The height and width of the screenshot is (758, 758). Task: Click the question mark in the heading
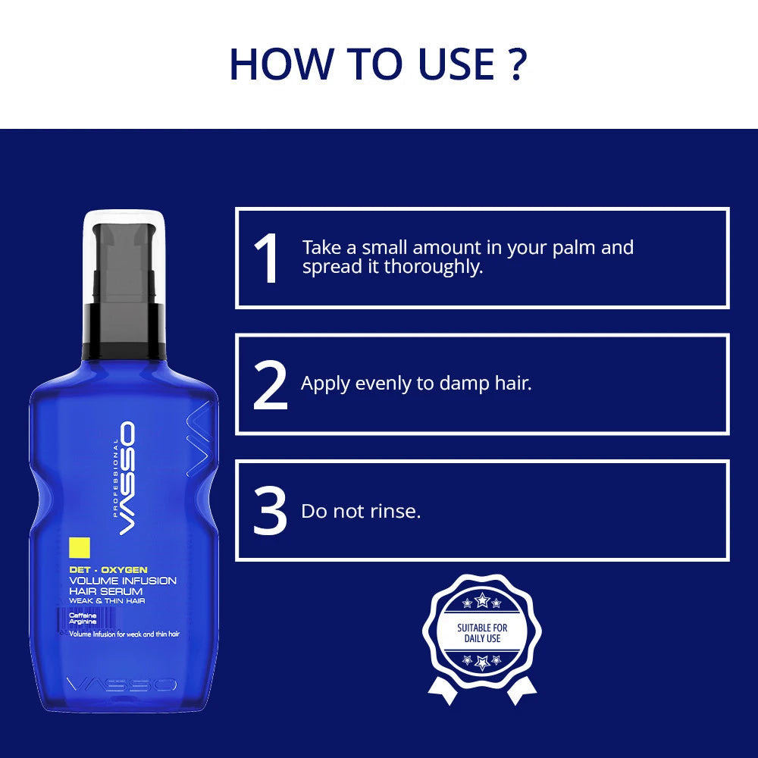pyautogui.click(x=515, y=64)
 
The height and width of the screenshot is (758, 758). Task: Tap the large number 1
pyautogui.click(x=267, y=258)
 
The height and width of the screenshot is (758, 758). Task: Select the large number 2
pyautogui.click(x=270, y=385)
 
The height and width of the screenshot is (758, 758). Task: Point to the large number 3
pyautogui.click(x=270, y=512)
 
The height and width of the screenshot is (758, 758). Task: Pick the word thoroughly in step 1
pyautogui.click(x=433, y=267)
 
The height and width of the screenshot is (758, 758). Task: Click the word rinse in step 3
pyautogui.click(x=395, y=512)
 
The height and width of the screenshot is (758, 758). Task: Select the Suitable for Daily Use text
pyautogui.click(x=482, y=633)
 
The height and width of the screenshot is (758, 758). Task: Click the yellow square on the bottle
pyautogui.click(x=80, y=547)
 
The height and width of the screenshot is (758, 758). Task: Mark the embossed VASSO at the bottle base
pyautogui.click(x=121, y=684)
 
